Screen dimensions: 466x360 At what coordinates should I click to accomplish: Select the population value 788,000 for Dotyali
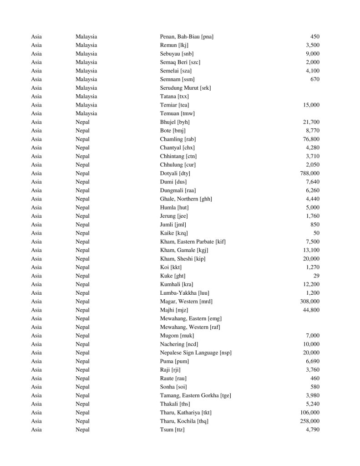pos(309,173)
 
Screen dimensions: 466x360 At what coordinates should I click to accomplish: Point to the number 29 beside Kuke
pos(316,276)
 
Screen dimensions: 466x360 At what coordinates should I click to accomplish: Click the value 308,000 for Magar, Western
pos(309,301)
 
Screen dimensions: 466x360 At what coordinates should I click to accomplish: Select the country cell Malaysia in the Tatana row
pos(86,96)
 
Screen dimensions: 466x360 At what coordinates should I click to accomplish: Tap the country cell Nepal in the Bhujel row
pos(82,122)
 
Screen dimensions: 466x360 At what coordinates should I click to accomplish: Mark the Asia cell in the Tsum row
pos(36,430)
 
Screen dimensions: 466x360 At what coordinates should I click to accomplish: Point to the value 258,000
pos(309,421)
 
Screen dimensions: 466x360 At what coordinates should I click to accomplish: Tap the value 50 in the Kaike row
pos(316,233)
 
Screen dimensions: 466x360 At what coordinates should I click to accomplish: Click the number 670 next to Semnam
pos(314,79)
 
